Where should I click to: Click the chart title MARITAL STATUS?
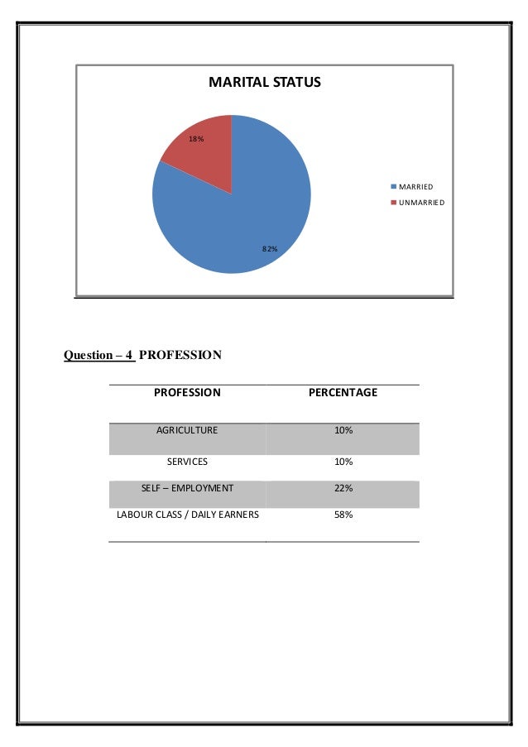click(264, 83)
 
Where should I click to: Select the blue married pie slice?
click(240, 215)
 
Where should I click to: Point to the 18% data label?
click(196, 139)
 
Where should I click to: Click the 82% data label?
click(269, 248)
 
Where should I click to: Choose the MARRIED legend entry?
click(416, 187)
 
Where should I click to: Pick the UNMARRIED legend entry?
click(422, 203)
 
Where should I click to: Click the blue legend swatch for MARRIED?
click(395, 187)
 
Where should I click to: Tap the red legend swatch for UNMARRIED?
click(395, 203)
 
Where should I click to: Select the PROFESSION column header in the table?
click(187, 392)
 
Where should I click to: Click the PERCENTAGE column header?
click(343, 392)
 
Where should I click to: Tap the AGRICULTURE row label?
click(187, 431)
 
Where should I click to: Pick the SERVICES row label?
click(187, 461)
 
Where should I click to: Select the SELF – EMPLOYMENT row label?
click(187, 488)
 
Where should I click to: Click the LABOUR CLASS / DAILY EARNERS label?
click(187, 515)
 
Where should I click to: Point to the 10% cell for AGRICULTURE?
click(343, 431)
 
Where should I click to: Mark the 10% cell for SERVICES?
click(343, 461)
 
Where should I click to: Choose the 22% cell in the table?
click(343, 488)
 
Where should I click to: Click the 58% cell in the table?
click(343, 515)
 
